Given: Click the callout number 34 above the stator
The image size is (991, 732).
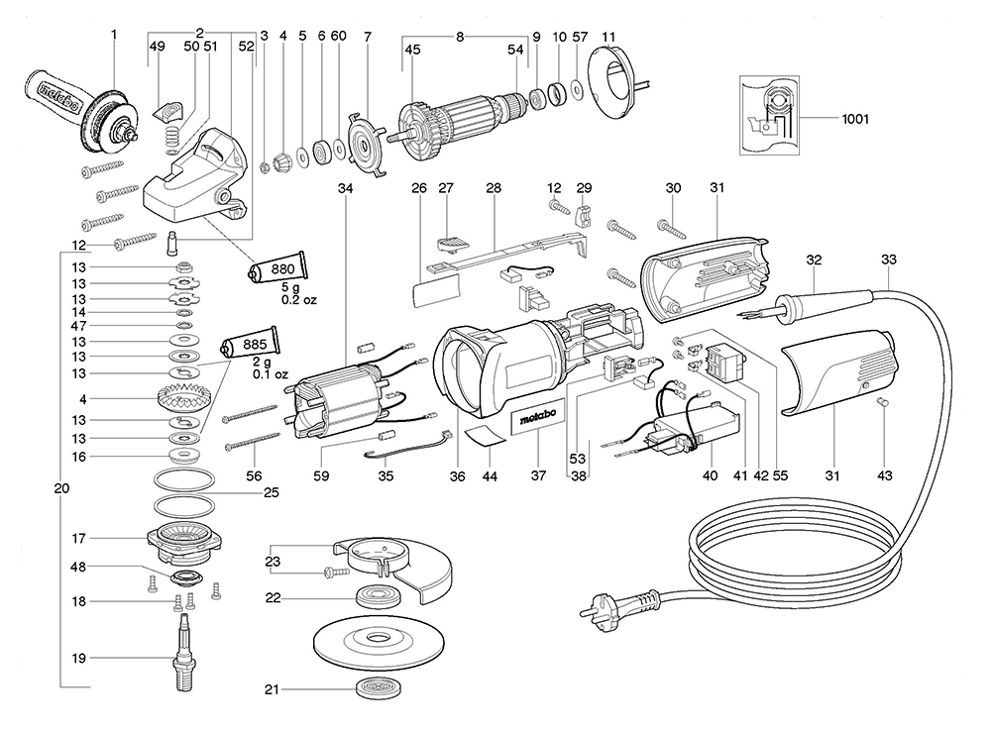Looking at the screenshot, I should (x=345, y=187).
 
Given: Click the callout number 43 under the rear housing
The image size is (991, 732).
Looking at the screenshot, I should (x=884, y=475).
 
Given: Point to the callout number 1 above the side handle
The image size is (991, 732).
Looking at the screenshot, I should (x=114, y=35).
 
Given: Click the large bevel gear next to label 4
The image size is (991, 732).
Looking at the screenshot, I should (x=183, y=401).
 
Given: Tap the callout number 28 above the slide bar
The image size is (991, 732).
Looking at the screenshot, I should (x=494, y=187).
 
